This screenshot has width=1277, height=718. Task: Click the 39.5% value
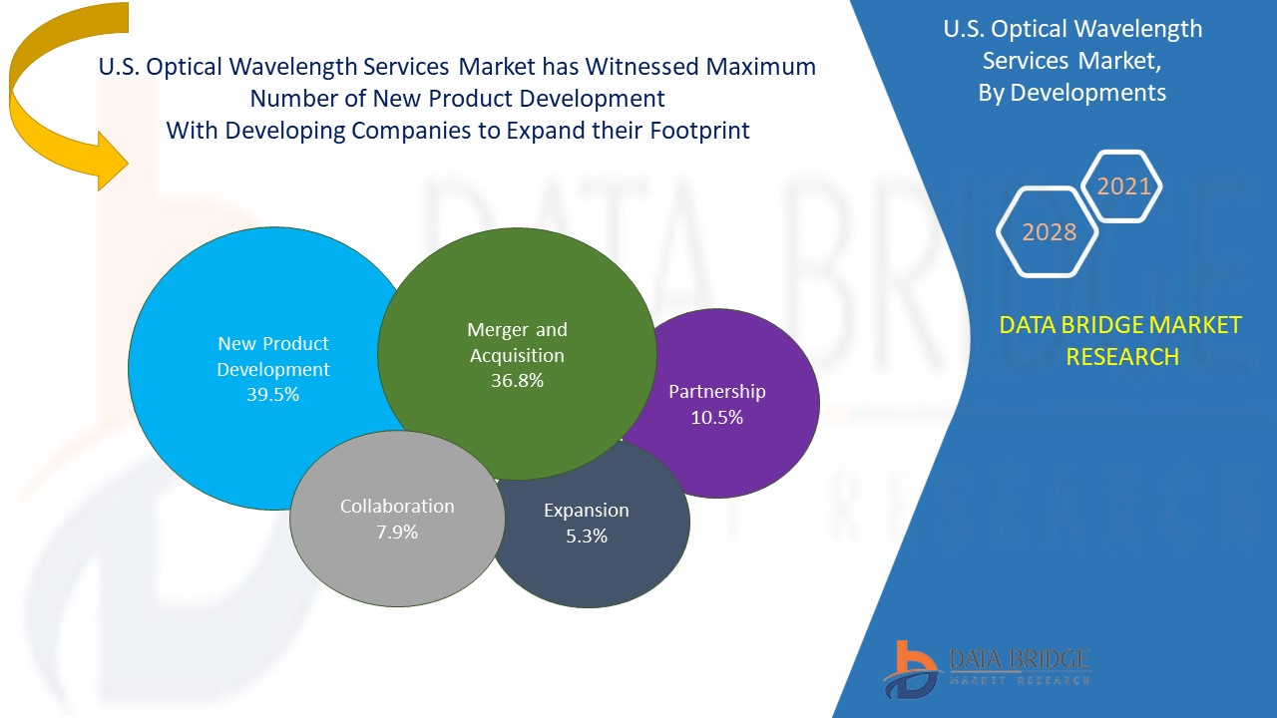click(x=272, y=394)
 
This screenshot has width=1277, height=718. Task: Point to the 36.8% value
click(x=517, y=380)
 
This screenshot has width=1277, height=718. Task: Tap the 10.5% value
click(x=716, y=418)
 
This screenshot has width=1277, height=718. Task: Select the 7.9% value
click(x=397, y=532)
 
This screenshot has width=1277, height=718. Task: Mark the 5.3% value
click(x=586, y=536)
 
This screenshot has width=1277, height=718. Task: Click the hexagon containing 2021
click(x=1122, y=186)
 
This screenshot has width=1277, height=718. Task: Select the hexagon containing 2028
click(x=1049, y=232)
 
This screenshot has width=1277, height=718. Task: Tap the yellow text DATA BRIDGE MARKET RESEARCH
click(x=1121, y=340)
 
